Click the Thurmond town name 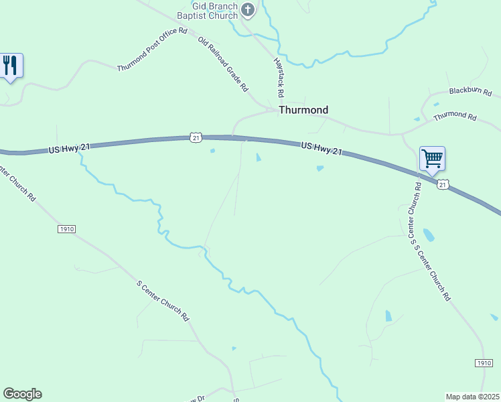pos(303,110)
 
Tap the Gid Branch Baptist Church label pos(206,10)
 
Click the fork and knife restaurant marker pos(10,65)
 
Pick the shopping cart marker pos(432,159)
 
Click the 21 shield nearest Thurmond pos(195,137)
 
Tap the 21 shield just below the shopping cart pos(443,184)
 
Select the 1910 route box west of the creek pos(66,229)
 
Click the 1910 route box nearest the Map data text pos(484,362)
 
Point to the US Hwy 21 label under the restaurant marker pos(69,149)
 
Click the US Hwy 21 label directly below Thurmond pos(321,149)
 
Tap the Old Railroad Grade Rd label pos(223,64)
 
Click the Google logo pos(22,394)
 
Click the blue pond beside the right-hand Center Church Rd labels pos(428,234)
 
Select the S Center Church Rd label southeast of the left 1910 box pos(163,301)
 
